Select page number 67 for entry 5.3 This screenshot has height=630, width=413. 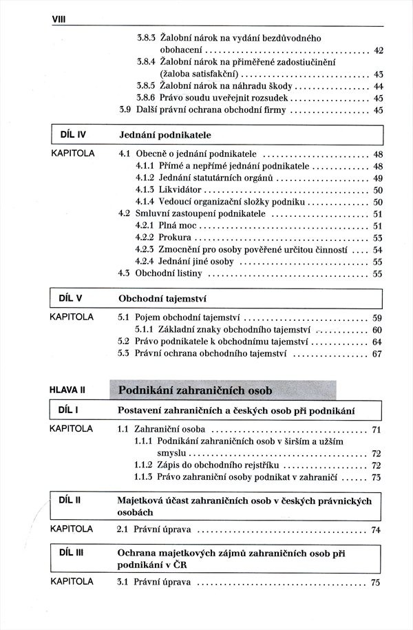377,354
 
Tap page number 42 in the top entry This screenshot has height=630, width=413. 378,50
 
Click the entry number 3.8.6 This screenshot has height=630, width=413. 146,98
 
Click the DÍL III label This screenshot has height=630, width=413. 72,552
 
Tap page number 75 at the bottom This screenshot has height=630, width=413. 376,582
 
